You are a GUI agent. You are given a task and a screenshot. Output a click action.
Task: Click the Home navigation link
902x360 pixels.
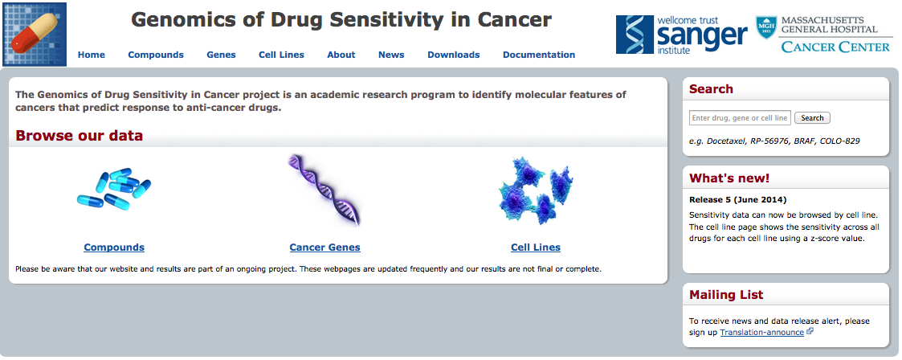[91, 55]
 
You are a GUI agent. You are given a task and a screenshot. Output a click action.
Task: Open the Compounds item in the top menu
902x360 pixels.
[156, 55]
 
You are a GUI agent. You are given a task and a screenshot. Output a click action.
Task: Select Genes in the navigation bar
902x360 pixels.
[221, 55]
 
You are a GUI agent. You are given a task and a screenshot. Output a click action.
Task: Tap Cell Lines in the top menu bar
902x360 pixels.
[281, 55]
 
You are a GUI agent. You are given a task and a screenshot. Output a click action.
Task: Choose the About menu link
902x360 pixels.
[341, 55]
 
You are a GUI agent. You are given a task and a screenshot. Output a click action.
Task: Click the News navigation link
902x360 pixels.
[391, 55]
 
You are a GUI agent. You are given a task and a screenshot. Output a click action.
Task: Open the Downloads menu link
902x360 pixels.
[453, 55]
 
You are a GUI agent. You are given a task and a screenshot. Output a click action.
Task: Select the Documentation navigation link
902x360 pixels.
[539, 55]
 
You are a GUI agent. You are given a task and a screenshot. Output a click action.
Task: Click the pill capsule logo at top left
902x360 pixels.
[35, 34]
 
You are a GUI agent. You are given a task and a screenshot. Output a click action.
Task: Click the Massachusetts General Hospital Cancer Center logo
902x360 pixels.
[823, 35]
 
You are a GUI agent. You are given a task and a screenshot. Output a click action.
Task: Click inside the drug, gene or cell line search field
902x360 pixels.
[740, 118]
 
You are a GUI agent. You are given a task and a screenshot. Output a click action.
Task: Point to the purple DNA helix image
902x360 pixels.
[324, 191]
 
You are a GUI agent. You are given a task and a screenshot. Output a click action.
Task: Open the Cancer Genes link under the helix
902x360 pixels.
[324, 247]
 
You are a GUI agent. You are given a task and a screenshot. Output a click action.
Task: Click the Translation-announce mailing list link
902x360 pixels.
[761, 333]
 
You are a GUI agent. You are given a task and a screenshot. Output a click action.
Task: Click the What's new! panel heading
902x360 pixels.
[729, 178]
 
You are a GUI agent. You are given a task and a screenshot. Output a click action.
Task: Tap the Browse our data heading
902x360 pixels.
[79, 136]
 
